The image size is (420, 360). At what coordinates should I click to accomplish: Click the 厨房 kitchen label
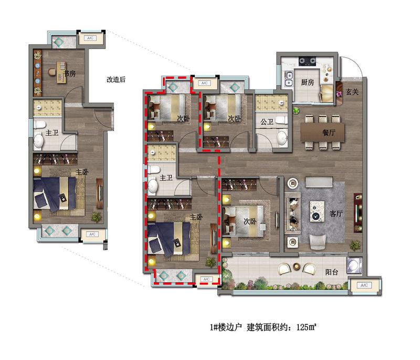307,82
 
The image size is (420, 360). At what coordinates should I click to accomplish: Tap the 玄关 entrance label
352,92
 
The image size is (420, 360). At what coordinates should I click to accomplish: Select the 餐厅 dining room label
329,132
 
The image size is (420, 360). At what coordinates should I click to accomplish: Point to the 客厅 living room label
336,214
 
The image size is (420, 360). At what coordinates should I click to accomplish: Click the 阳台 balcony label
332,272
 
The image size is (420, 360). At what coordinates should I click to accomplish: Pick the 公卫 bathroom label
267,122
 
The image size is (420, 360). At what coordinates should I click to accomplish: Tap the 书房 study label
70,73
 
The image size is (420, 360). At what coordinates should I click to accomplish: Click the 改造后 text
116,79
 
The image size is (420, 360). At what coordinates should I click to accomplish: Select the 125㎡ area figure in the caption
307,327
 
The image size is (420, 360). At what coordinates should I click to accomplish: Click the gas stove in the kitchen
307,61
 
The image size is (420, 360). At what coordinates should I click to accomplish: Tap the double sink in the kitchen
288,79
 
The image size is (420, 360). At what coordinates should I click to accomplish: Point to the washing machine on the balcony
354,265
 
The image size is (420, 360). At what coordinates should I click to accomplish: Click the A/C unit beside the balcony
364,285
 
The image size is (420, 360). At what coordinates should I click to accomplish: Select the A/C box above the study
90,38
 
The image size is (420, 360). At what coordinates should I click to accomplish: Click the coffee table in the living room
317,211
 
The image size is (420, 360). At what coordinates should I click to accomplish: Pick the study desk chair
52,72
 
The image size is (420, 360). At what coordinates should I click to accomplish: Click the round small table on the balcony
296,266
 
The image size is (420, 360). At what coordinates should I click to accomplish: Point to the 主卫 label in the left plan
51,132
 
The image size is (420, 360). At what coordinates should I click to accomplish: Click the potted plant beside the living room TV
355,245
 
